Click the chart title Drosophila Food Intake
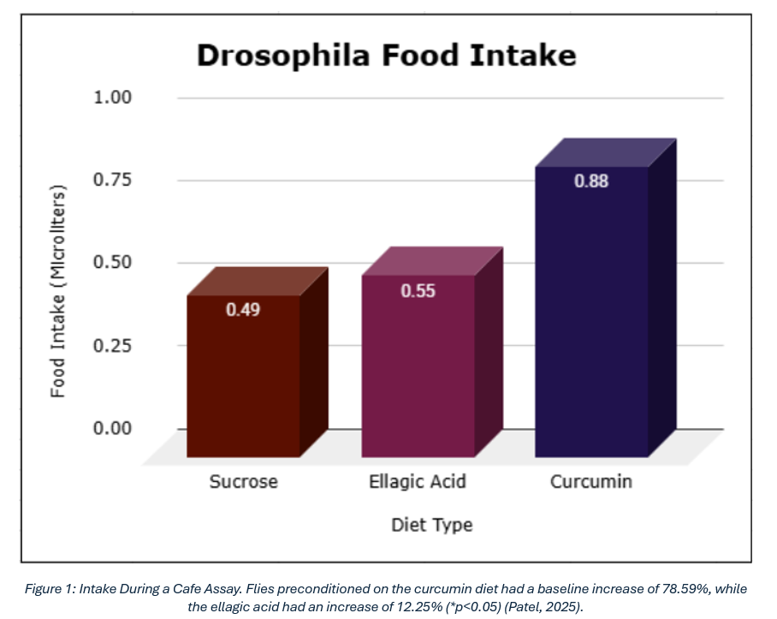pyautogui.click(x=386, y=56)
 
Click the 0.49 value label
pyautogui.click(x=243, y=310)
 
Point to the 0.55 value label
pyautogui.click(x=418, y=291)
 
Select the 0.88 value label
pyautogui.click(x=591, y=182)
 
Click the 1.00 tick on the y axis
pyautogui.click(x=112, y=97)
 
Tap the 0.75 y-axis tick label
pyautogui.click(x=112, y=180)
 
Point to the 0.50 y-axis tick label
pyautogui.click(x=112, y=263)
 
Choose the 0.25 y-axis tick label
pyautogui.click(x=112, y=345)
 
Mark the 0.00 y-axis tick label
pyautogui.click(x=112, y=428)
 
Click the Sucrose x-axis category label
pyautogui.click(x=244, y=482)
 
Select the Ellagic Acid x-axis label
pyautogui.click(x=418, y=482)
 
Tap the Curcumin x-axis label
pyautogui.click(x=591, y=482)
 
